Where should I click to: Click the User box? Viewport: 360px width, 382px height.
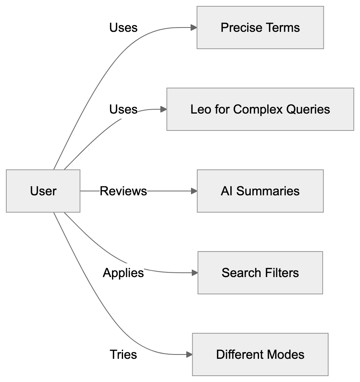point(43,191)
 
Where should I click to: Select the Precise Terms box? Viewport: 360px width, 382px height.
point(260,28)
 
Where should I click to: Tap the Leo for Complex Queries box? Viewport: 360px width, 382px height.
point(260,109)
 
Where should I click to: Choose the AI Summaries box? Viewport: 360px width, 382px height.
point(260,191)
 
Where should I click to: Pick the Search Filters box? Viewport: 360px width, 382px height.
point(260,273)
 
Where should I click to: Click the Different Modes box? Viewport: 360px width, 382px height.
point(260,354)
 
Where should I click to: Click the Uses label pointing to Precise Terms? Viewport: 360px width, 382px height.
point(123,28)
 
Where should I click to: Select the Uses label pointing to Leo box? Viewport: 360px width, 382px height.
point(123,109)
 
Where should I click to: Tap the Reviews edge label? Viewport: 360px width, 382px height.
point(123,191)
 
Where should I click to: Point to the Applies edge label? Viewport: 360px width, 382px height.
point(123,273)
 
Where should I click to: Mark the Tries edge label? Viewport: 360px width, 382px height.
point(123,354)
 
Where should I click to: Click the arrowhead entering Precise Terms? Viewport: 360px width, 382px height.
point(194,28)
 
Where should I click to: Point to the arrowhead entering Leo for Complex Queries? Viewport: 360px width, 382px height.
point(163,109)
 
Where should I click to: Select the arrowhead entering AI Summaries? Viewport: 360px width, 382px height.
point(194,191)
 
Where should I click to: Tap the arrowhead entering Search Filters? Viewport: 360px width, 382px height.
point(195,273)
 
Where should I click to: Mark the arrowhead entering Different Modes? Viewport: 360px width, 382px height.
point(189,354)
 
